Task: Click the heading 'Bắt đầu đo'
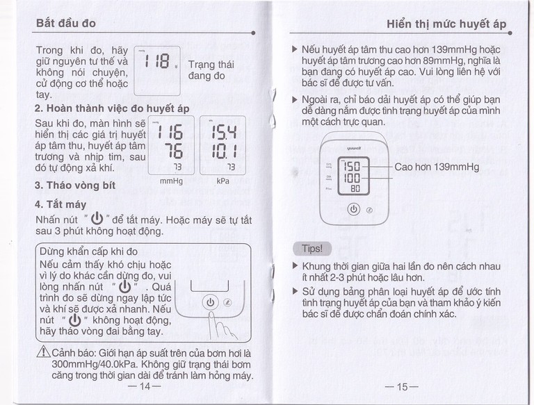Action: pos(65,23)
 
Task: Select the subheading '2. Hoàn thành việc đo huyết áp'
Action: pos(112,108)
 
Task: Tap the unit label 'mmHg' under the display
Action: pos(170,181)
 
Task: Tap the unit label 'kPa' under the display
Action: pos(222,181)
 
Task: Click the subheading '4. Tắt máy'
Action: pos(60,205)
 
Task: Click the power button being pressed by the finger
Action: pos(211,302)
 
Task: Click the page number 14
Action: pos(145,387)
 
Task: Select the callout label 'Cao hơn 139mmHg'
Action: pos(437,167)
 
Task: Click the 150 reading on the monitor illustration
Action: pos(353,167)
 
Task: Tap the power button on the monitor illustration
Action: pos(353,208)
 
